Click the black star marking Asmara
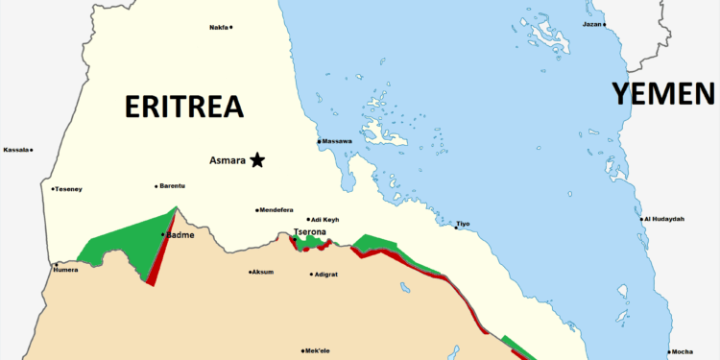pos(257,160)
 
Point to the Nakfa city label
pos(218,27)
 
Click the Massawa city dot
pos(319,142)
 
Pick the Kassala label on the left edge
pos(15,150)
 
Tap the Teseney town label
pos(69,189)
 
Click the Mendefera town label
pos(276,210)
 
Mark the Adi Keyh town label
pos(325,220)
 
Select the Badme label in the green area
pos(180,235)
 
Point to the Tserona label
pos(311,231)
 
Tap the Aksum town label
pos(262,272)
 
